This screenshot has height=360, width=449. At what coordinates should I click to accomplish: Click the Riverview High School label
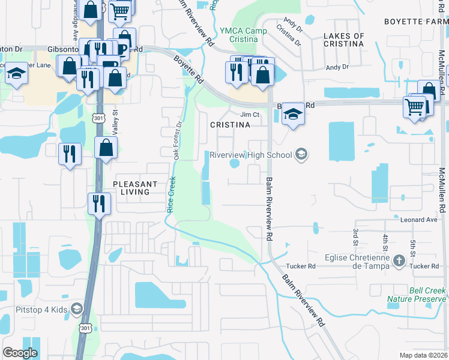pyautogui.click(x=250, y=155)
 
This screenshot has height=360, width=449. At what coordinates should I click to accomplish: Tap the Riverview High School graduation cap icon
pyautogui.click(x=301, y=155)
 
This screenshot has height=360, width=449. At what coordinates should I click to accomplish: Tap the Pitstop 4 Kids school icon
pyautogui.click(x=76, y=309)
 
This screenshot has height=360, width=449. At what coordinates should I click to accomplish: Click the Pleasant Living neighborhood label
pyautogui.click(x=134, y=188)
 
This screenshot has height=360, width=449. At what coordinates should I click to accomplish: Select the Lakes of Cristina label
pyautogui.click(x=343, y=40)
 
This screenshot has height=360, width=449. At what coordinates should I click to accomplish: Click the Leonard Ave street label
pyautogui.click(x=420, y=220)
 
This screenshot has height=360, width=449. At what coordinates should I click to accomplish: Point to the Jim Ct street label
pyautogui.click(x=249, y=114)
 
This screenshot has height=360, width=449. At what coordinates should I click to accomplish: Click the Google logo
pyautogui.click(x=20, y=353)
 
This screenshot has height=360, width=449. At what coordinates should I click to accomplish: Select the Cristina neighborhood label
pyautogui.click(x=230, y=125)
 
